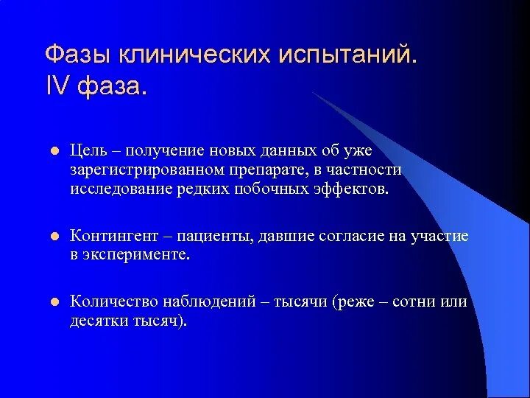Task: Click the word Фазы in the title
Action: pos(76,55)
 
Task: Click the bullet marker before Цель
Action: pos(53,152)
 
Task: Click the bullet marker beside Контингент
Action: pos(53,237)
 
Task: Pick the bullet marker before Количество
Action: pos(53,303)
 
